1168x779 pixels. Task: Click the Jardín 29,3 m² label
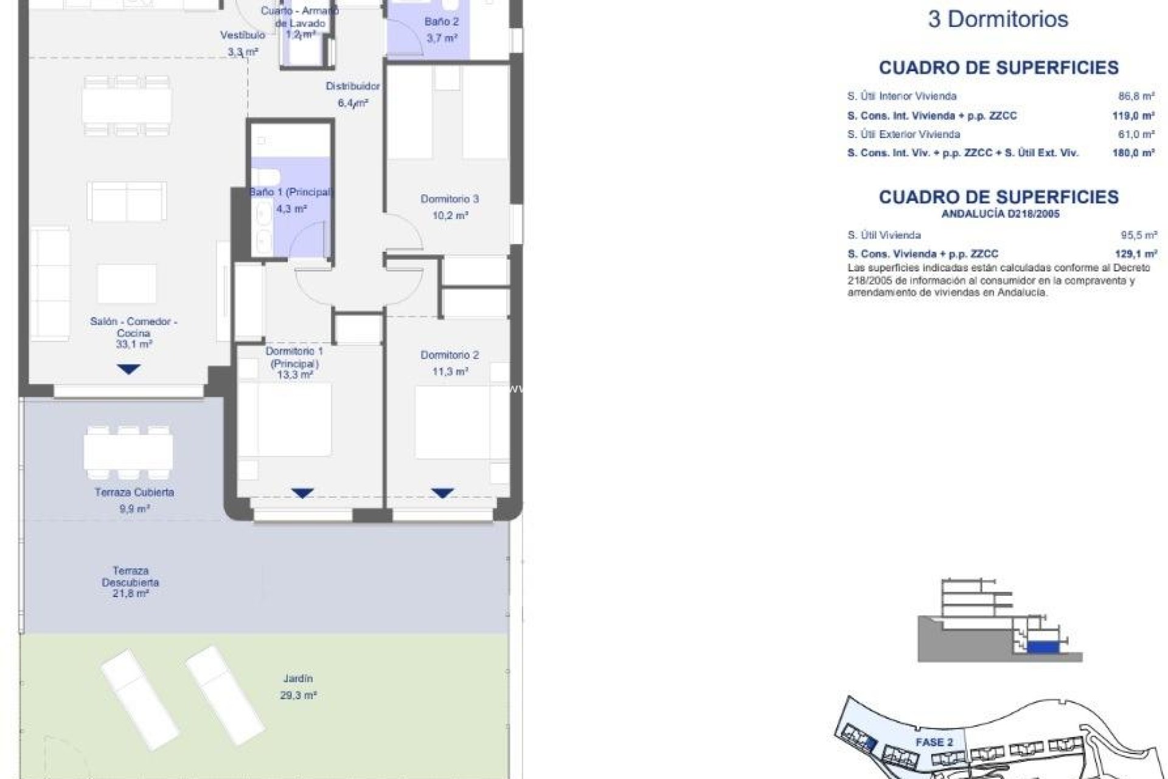(x=298, y=686)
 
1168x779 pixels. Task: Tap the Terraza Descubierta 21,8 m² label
(x=131, y=582)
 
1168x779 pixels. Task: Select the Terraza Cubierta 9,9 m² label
(x=134, y=500)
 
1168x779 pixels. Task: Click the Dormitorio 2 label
(x=450, y=355)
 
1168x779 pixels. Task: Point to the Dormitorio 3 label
(x=450, y=199)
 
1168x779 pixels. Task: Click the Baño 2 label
(x=442, y=22)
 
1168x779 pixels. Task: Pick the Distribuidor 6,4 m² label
(x=353, y=94)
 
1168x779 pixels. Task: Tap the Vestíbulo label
(x=243, y=35)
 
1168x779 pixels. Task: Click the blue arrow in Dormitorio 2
(x=442, y=493)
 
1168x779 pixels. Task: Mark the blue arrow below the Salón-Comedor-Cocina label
(x=128, y=369)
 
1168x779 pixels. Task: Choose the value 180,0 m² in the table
(x=1133, y=153)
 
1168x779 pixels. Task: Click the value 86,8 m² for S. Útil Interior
(x=1136, y=96)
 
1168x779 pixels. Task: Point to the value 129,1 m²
(x=1135, y=254)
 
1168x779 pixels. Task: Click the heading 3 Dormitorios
(x=998, y=19)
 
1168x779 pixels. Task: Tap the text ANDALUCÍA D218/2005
(x=1000, y=214)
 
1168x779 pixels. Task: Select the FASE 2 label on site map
(x=934, y=742)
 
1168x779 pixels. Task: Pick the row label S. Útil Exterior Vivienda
(x=903, y=134)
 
